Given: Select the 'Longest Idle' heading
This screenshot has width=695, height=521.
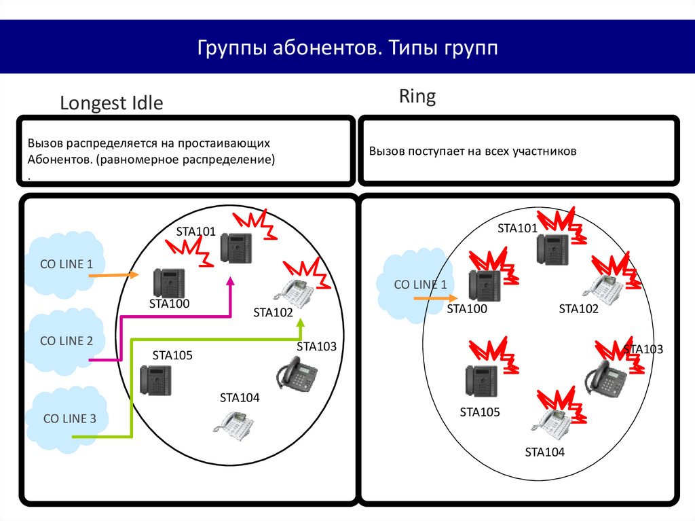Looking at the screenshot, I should pyautogui.click(x=111, y=103).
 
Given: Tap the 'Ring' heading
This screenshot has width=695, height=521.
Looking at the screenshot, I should pyautogui.click(x=417, y=96).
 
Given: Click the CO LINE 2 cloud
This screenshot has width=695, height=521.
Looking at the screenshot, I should pyautogui.click(x=66, y=341).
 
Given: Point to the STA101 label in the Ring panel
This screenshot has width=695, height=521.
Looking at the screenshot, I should pyautogui.click(x=517, y=228).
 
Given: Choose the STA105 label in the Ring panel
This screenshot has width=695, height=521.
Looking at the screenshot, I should pyautogui.click(x=479, y=412).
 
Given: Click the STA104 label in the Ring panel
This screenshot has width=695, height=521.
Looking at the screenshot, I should pyautogui.click(x=544, y=452).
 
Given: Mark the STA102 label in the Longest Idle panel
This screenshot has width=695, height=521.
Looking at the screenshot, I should pyautogui.click(x=273, y=313).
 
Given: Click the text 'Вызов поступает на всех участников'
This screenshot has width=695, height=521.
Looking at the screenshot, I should pyautogui.click(x=472, y=151).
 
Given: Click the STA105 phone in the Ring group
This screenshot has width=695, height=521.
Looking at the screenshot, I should pyautogui.click(x=481, y=380).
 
